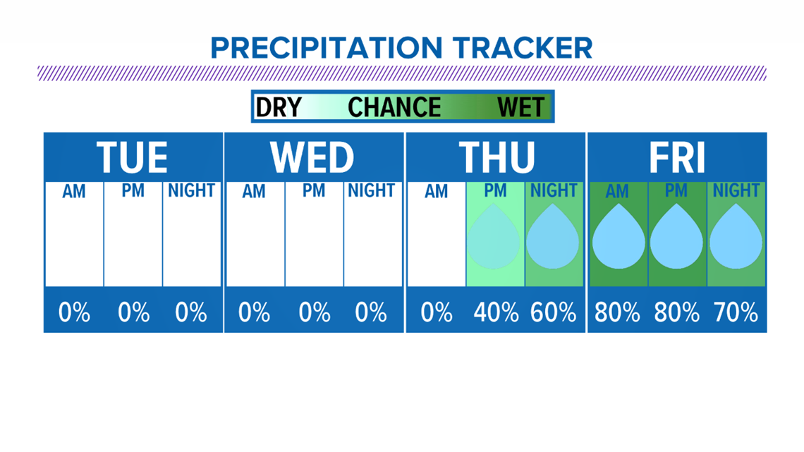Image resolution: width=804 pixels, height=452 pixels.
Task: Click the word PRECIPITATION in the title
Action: coord(326,48)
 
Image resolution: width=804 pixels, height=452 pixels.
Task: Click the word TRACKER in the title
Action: coord(523,48)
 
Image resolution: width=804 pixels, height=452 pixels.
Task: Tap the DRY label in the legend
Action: coord(279,107)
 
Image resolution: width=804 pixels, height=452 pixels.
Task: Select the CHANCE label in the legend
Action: coord(394,107)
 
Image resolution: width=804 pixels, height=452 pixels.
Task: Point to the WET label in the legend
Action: coord(520,107)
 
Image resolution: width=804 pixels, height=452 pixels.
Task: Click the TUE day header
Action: coord(133,157)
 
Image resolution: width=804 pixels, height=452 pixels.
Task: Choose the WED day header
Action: coord(312,157)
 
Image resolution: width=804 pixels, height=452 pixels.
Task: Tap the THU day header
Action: coord(497,157)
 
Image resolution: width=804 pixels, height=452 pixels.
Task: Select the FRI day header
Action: coord(677,157)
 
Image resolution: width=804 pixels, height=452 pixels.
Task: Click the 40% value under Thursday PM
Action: coord(496,312)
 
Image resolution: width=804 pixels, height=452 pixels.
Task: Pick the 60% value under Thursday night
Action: coord(553,312)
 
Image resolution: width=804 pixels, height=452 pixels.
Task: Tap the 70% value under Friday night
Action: coord(736,312)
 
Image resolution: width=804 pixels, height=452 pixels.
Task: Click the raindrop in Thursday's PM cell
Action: coord(494,236)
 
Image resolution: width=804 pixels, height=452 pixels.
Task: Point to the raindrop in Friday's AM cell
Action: coord(619,236)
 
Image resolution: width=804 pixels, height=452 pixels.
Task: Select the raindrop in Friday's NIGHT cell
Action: coord(736,236)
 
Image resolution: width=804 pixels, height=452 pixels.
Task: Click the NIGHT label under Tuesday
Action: coord(191,190)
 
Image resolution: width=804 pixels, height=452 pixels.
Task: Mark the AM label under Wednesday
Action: coord(254,192)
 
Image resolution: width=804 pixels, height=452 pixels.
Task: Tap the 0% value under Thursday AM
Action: coord(437,312)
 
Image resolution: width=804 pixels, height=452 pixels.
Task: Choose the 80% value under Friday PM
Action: coord(677,312)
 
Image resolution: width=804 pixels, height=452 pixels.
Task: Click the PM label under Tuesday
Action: coord(133,190)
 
